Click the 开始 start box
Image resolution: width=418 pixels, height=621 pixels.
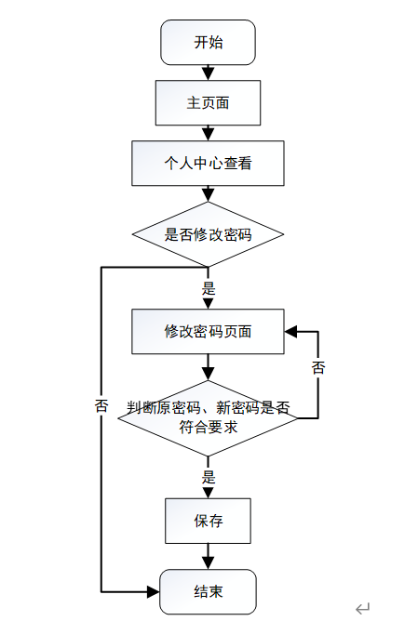[x=208, y=43]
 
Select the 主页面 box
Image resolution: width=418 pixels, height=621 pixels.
[x=208, y=103]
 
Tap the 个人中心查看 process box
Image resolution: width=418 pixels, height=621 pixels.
[x=208, y=164]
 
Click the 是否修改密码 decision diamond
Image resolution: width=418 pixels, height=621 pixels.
[x=208, y=234]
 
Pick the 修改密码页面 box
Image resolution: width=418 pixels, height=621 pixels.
[x=208, y=332]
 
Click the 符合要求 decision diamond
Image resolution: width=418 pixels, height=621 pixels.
[x=208, y=418]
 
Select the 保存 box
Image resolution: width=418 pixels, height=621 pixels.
[x=208, y=521]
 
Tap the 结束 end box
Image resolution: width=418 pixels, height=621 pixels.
[x=208, y=591]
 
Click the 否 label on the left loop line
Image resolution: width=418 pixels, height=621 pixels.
[x=101, y=405]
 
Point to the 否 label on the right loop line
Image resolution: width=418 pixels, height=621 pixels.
[x=318, y=367]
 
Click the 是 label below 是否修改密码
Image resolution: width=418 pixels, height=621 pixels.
[x=209, y=288]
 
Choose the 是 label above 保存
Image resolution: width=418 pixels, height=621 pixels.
[x=209, y=477]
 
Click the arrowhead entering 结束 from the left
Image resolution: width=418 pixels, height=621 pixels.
[x=153, y=592]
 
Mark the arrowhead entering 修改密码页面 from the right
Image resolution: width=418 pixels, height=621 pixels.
[x=290, y=332]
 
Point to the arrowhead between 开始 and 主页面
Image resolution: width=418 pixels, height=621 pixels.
[x=208, y=73]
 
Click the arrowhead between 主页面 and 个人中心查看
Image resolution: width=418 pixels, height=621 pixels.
[x=208, y=134]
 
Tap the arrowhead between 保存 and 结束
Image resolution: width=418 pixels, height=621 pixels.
[x=208, y=562]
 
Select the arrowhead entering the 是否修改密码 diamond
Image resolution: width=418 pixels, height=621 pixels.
[x=208, y=195]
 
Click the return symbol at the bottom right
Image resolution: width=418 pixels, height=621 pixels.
[x=362, y=608]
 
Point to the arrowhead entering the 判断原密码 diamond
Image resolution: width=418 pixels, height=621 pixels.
[x=208, y=375]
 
